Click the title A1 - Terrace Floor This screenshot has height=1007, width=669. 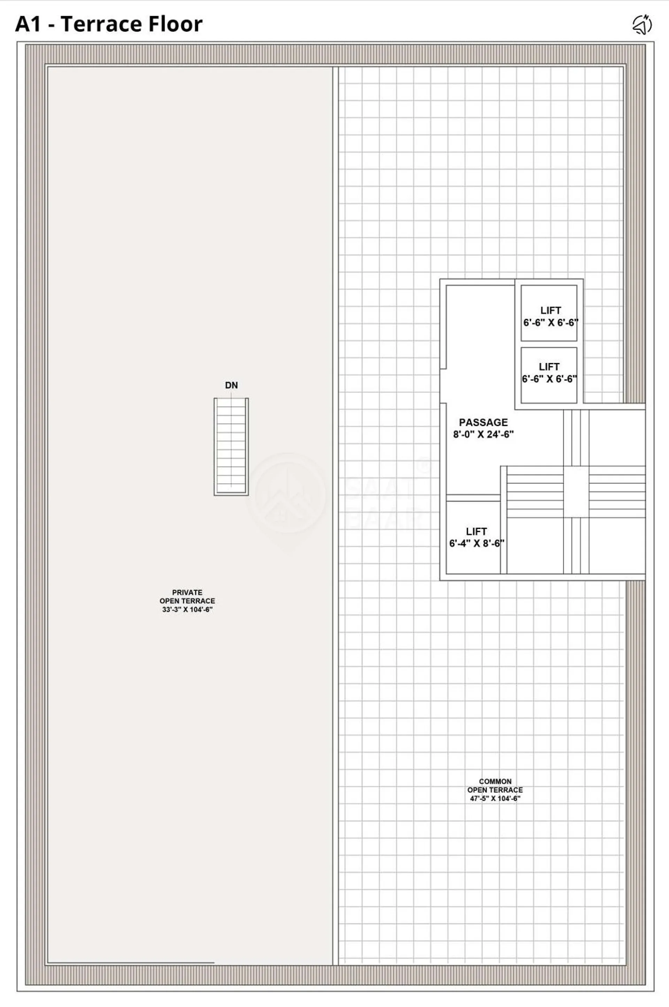click(x=109, y=24)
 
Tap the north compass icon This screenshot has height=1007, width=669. click(x=642, y=24)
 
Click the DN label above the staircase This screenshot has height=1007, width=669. click(x=231, y=385)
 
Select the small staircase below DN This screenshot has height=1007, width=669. click(x=231, y=447)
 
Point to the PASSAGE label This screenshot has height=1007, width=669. click(x=483, y=422)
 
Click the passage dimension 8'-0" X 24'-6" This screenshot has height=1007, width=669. click(x=483, y=434)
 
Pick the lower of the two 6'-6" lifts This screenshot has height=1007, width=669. click(x=549, y=375)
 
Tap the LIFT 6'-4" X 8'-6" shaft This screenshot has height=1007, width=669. click(x=473, y=537)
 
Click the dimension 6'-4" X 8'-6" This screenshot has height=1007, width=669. click(x=477, y=543)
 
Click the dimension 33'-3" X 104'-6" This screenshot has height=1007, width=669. click(x=187, y=609)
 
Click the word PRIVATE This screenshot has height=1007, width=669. click(x=187, y=592)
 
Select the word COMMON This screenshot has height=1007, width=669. click(x=495, y=781)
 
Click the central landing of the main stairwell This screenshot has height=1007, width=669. click(x=576, y=492)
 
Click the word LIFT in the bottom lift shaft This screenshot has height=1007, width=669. click(x=477, y=531)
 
